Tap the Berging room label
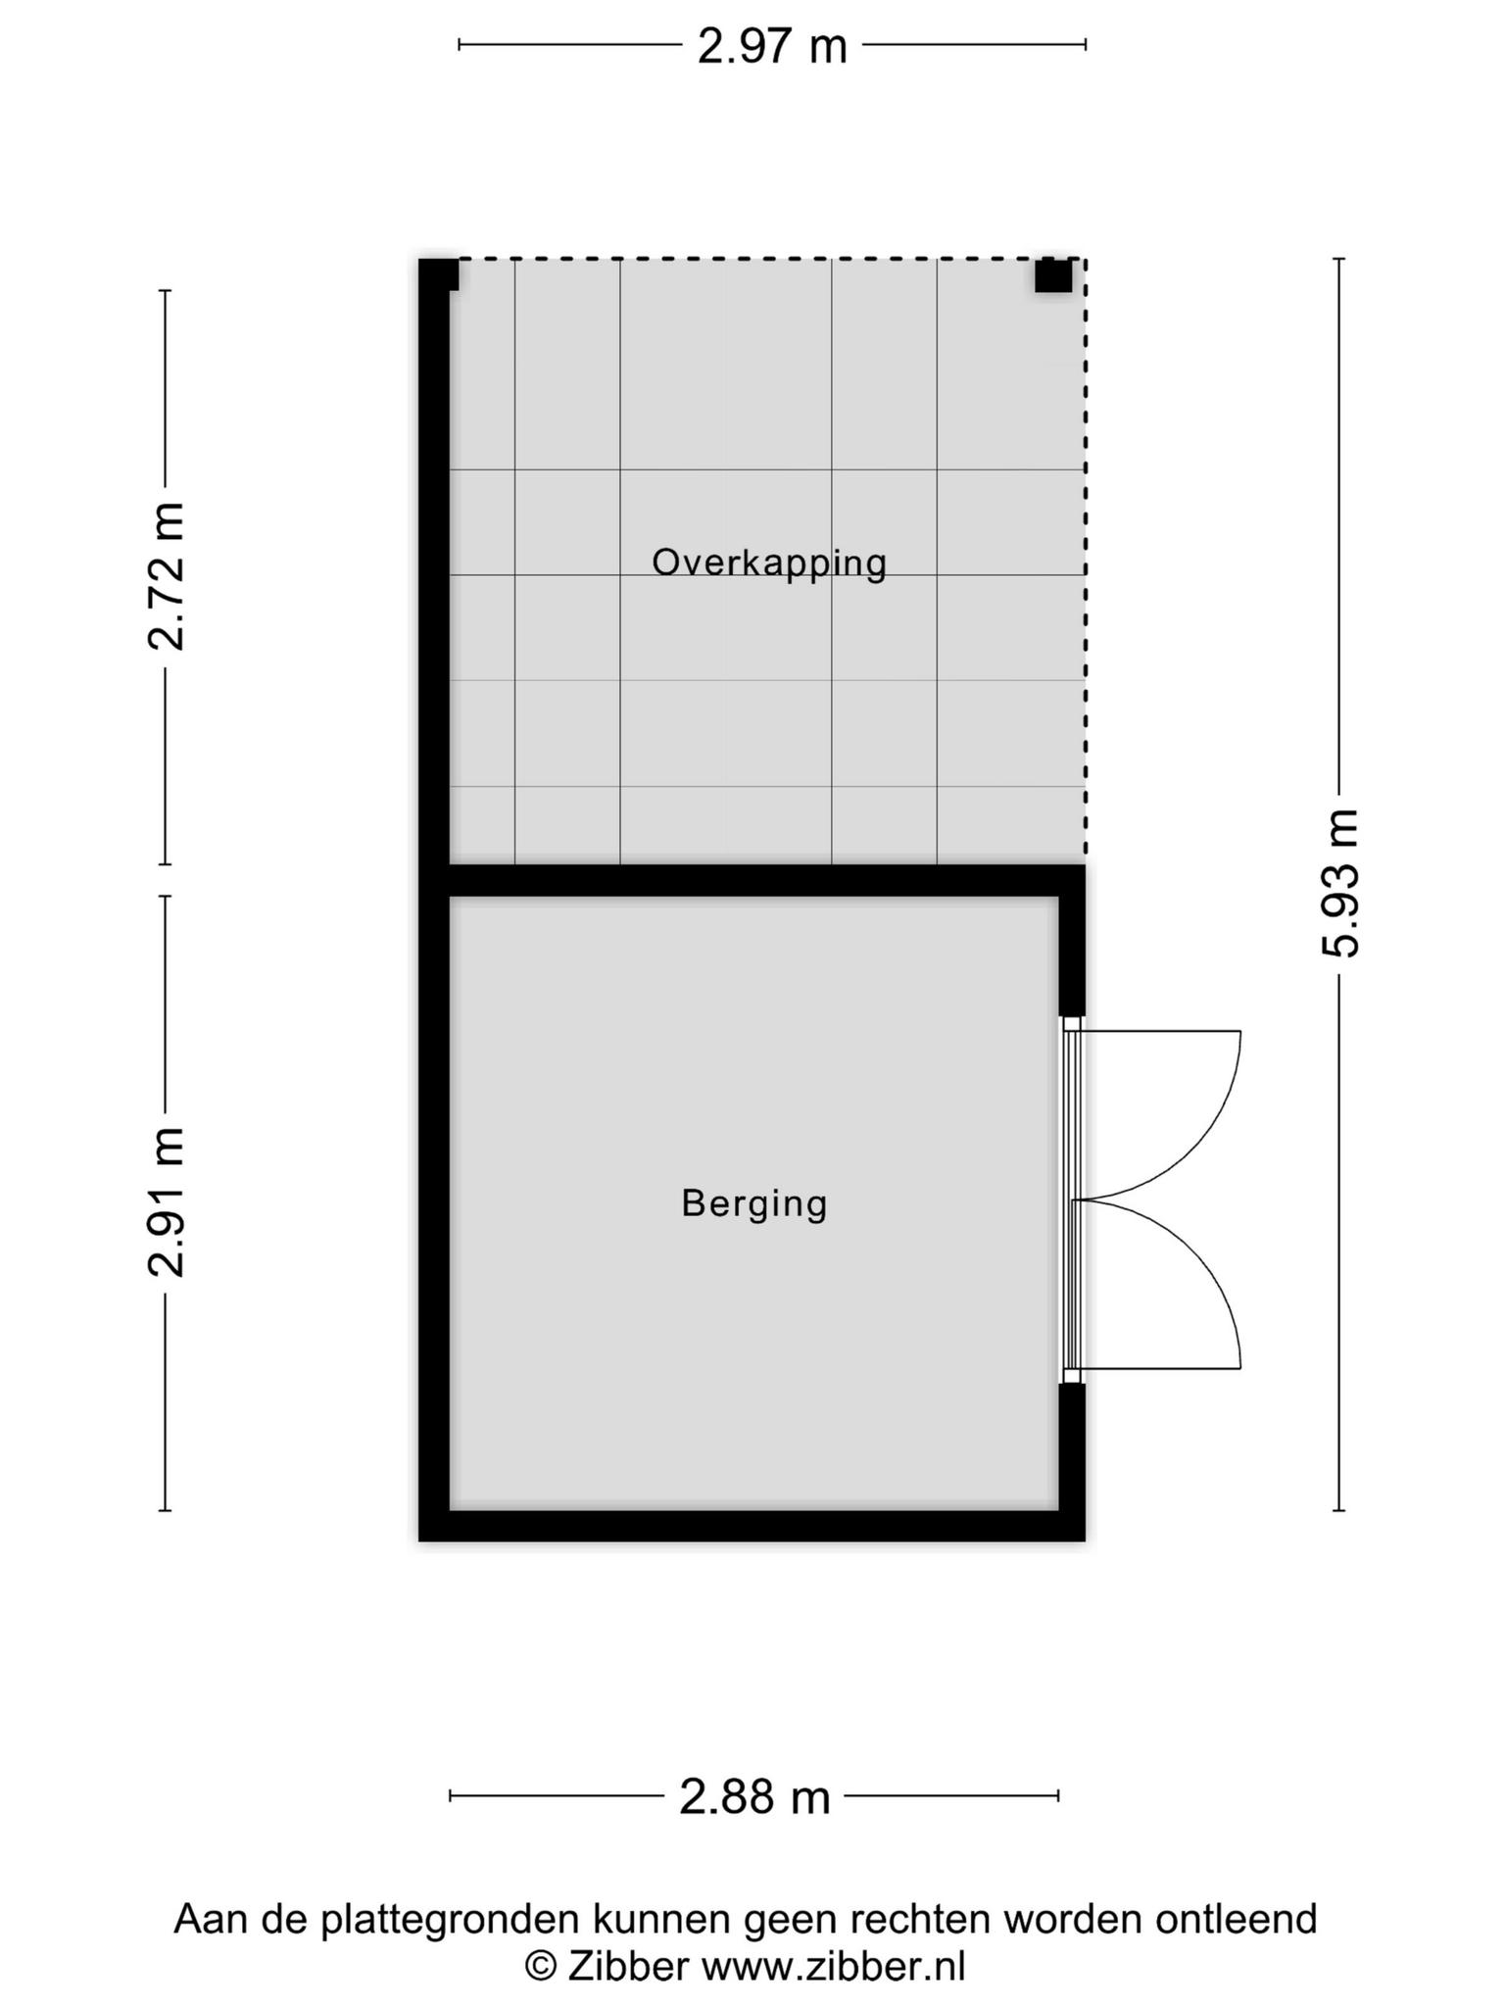754,1204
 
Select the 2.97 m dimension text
772,46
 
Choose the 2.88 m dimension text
754,1797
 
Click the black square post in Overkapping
1053,275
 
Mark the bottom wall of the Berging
752,1526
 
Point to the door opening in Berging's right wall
1072,1199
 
